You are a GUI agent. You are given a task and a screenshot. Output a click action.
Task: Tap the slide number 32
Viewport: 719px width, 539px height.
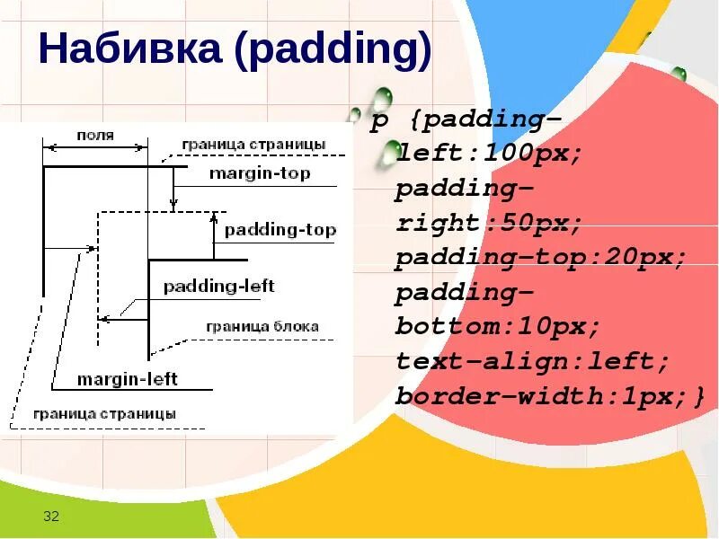(51, 516)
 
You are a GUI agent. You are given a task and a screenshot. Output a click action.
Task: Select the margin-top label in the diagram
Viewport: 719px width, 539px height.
(259, 173)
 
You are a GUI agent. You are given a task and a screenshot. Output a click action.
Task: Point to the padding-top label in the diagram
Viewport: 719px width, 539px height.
(280, 230)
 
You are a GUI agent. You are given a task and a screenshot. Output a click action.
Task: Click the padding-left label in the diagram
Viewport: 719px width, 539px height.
(218, 287)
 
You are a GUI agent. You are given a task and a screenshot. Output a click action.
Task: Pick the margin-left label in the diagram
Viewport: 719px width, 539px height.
(127, 379)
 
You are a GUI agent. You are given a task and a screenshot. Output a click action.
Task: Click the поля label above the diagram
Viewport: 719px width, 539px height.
(94, 136)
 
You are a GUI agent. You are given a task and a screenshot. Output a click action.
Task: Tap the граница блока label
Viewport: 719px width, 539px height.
(262, 327)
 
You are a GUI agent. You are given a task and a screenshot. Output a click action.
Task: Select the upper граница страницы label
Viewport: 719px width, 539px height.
(253, 145)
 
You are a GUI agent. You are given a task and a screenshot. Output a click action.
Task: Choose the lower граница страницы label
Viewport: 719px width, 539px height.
(104, 414)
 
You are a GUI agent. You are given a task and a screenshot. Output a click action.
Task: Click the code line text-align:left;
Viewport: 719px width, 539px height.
(533, 362)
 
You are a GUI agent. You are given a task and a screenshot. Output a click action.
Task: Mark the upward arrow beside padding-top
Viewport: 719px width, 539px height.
(215, 230)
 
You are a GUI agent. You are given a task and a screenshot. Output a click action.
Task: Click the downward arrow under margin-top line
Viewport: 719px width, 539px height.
(174, 189)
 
